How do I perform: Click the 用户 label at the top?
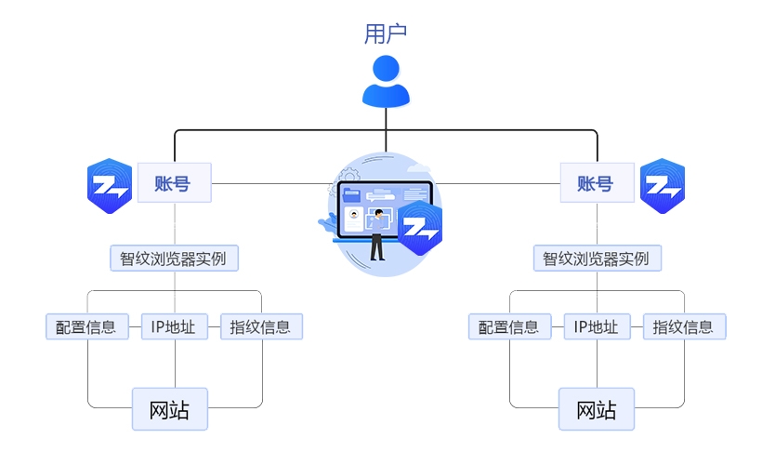point(386,33)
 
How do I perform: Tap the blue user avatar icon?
point(386,81)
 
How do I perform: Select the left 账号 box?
point(174,183)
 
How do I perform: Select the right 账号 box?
point(597,183)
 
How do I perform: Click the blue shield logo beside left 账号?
point(110,187)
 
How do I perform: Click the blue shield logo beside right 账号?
point(663,187)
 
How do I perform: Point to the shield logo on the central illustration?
point(420,228)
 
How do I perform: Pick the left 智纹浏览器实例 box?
point(174,258)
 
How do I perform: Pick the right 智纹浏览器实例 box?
point(597,258)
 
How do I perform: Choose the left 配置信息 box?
point(85,326)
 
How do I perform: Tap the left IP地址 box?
point(174,326)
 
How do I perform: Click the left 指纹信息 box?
point(261,326)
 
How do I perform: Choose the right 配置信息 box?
point(508,326)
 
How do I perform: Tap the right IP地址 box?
point(597,326)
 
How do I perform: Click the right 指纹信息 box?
point(684,326)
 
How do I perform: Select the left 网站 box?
point(169,409)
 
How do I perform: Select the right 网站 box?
point(597,409)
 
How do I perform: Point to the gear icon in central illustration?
point(349,174)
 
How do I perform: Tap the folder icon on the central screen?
point(352,195)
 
